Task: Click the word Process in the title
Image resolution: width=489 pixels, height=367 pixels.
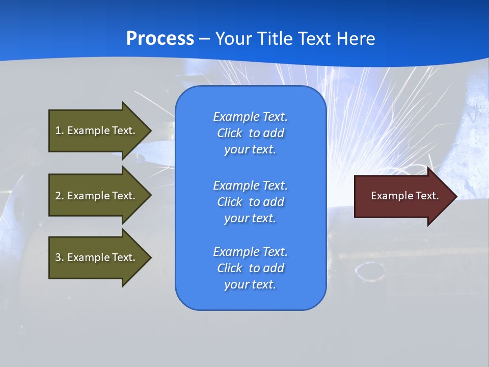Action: point(160,39)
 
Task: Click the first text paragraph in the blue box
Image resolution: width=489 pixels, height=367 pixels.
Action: point(250,133)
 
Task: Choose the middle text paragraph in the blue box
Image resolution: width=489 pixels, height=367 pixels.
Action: point(250,202)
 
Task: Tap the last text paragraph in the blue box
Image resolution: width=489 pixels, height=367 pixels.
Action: point(250,268)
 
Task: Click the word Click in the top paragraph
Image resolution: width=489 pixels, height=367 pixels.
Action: point(230,133)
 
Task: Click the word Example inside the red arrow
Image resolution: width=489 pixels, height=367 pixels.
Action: point(389,196)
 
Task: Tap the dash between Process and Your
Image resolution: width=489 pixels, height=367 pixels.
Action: point(204,39)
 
